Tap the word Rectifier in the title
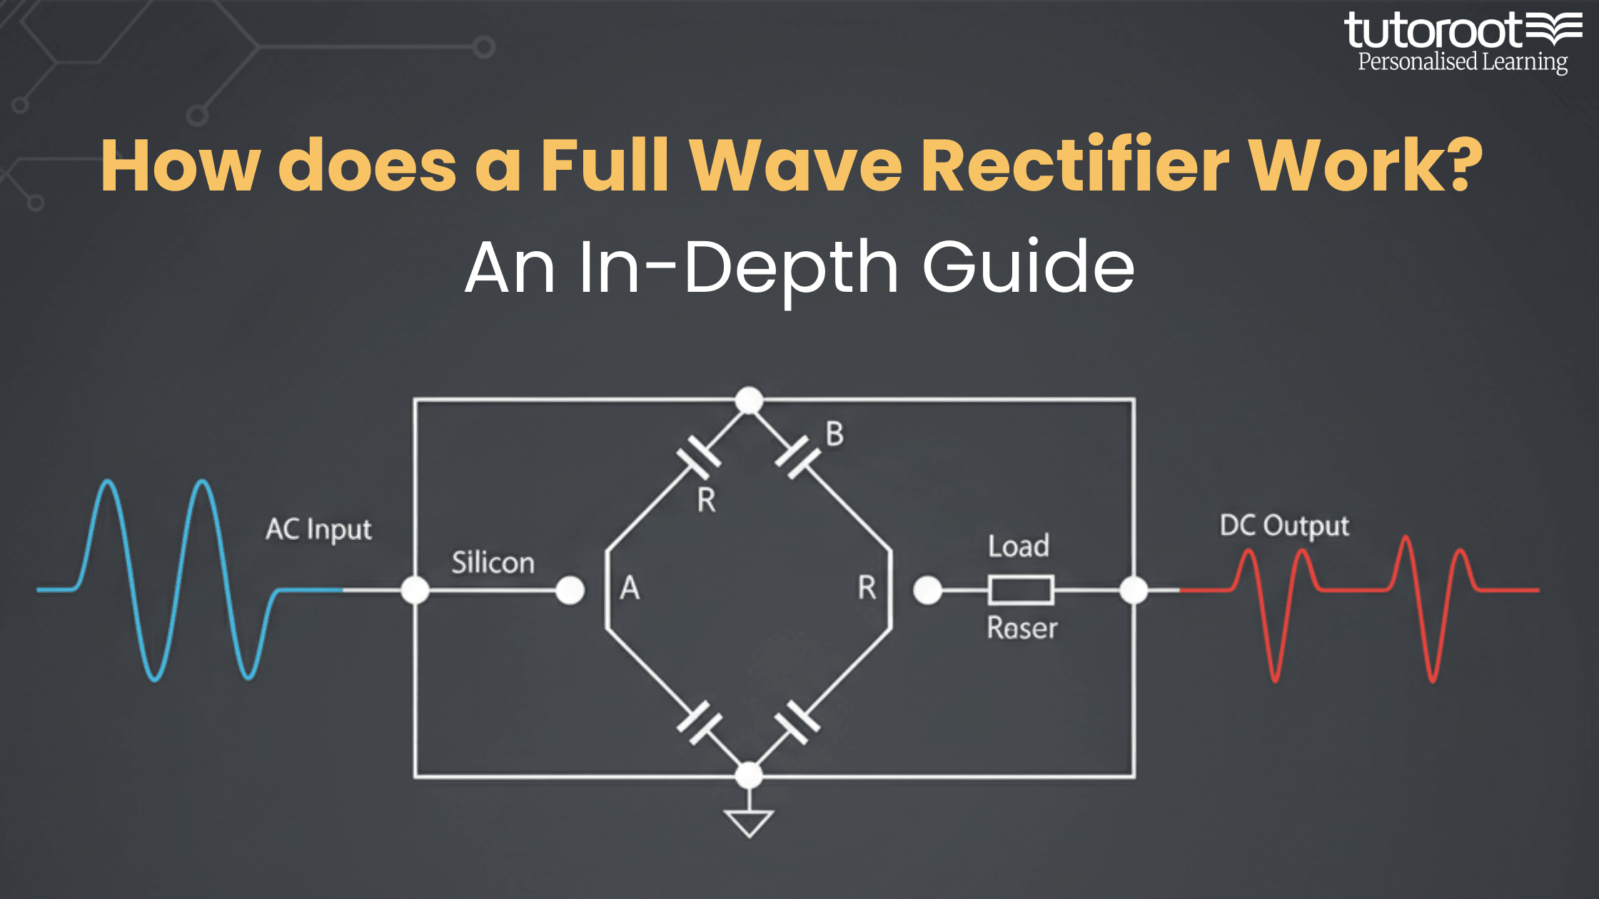1075,166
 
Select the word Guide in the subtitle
1028,267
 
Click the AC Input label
318,530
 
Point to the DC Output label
1284,527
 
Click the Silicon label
493,563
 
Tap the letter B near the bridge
834,434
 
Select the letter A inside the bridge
630,589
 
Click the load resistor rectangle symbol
1021,590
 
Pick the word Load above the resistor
1019,547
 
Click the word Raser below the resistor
1022,629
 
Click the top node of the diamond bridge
749,400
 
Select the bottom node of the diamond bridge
749,776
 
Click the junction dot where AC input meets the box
415,590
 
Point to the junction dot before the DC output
1134,590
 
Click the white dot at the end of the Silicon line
570,590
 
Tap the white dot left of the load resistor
927,590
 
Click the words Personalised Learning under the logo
1462,62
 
